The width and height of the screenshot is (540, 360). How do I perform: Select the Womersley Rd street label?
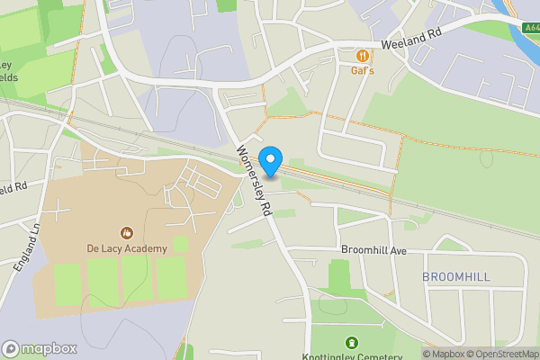(x=255, y=180)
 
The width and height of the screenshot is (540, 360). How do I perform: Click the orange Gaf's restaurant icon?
(x=363, y=54)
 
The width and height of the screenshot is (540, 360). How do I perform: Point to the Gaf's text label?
(x=363, y=69)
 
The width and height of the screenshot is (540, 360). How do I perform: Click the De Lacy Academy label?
(x=127, y=248)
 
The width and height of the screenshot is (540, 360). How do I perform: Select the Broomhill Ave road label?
(x=375, y=249)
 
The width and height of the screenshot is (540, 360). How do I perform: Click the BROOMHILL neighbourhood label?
(x=456, y=277)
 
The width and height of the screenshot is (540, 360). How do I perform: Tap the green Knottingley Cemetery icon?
(x=350, y=342)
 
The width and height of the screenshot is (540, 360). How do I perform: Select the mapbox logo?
(x=39, y=348)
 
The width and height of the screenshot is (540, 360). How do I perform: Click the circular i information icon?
(x=11, y=348)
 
